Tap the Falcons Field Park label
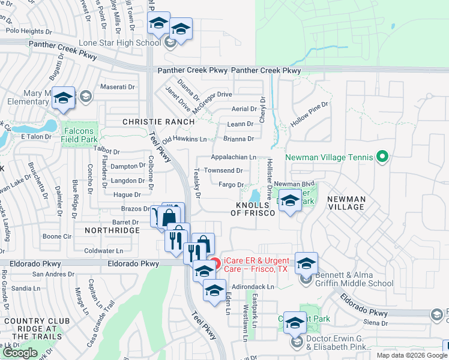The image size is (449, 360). pos(78,136)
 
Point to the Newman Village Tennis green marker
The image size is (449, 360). pos(382,157)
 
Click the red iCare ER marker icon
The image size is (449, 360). pos(214,263)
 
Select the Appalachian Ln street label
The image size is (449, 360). pos(233,157)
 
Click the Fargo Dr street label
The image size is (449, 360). pos(231,185)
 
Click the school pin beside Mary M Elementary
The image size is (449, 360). pos(62,98)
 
